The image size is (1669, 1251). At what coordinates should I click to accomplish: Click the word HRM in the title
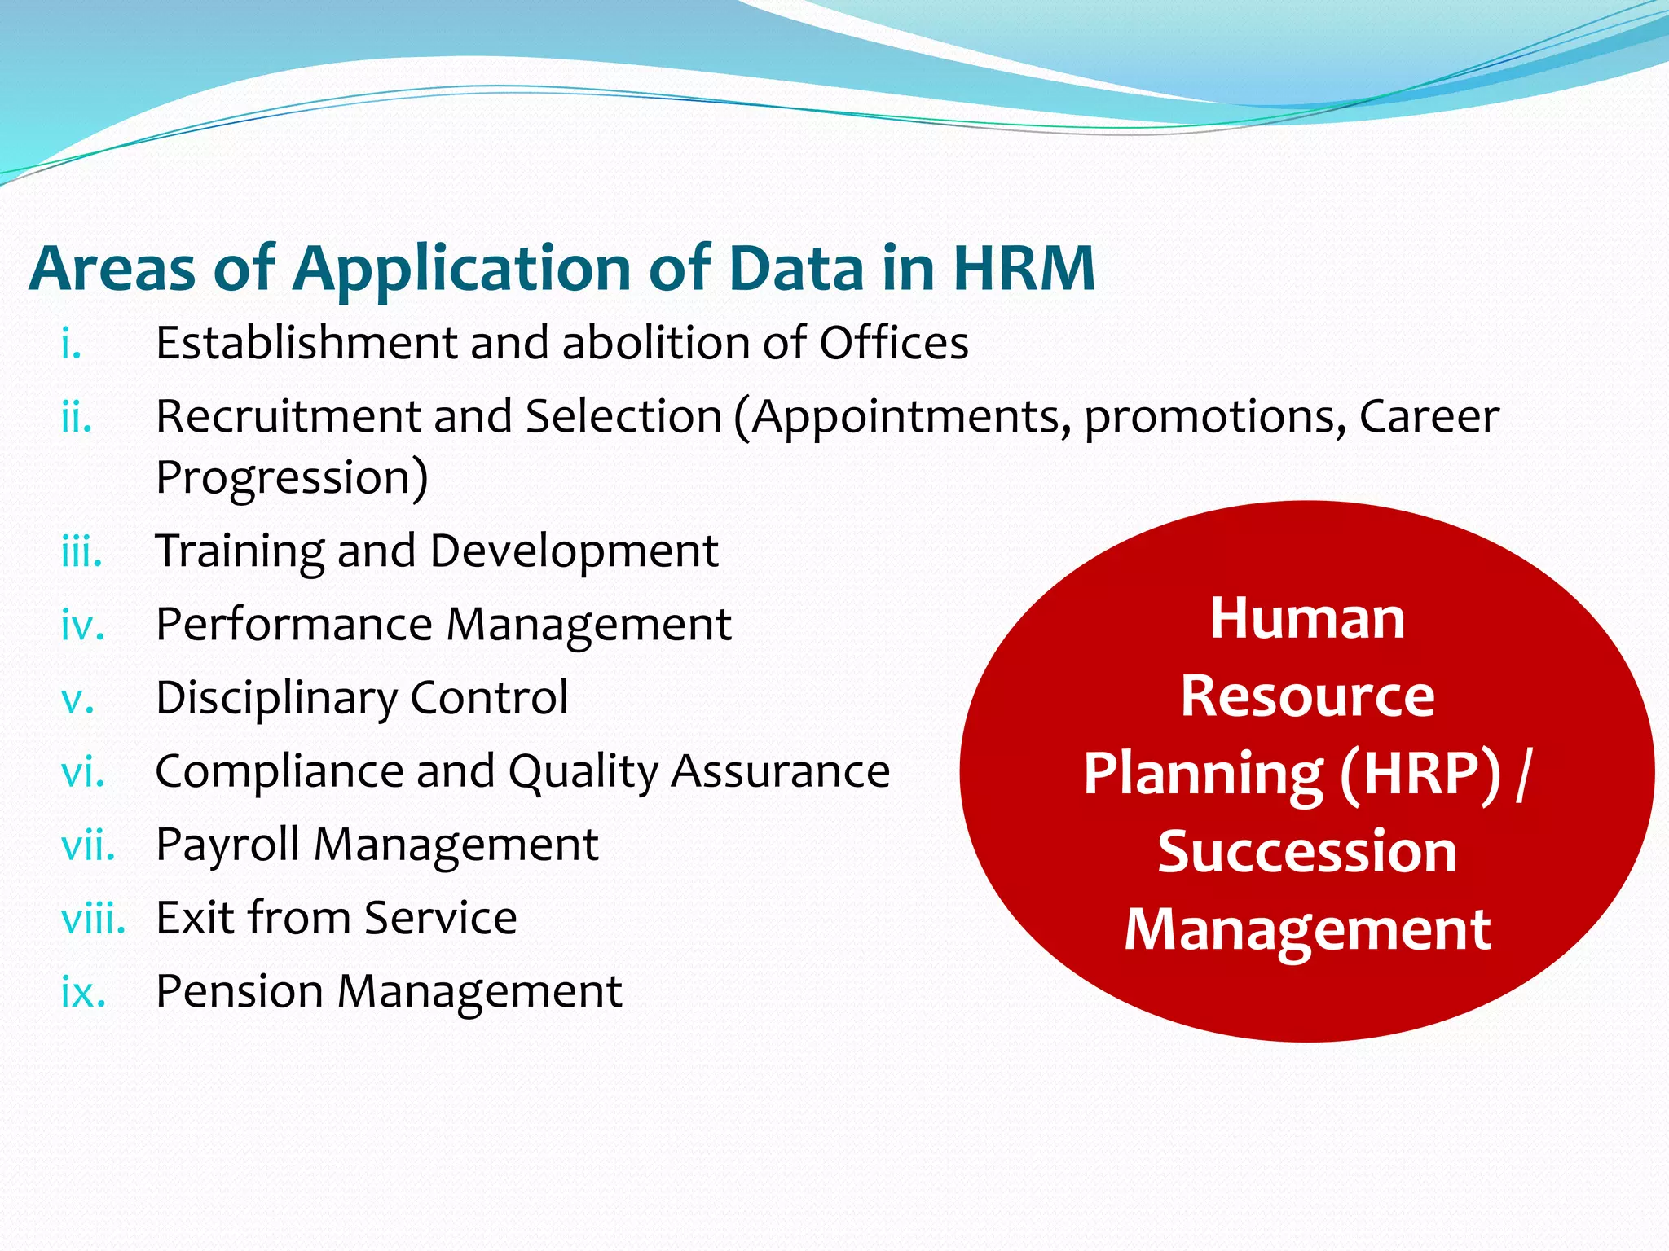click(1024, 268)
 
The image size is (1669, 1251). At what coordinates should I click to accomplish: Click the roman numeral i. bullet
click(72, 344)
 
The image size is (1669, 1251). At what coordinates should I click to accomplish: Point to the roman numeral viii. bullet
click(93, 920)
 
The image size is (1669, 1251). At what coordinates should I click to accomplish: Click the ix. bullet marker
click(83, 993)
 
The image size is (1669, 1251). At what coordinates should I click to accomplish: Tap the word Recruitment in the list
click(287, 416)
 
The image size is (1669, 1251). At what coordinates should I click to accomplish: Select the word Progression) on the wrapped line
click(292, 477)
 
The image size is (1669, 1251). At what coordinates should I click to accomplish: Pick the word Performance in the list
click(294, 625)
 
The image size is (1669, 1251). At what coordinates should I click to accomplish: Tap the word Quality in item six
click(582, 772)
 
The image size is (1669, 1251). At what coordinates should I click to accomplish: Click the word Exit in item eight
click(194, 918)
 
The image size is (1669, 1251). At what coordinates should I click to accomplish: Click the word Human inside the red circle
click(1307, 618)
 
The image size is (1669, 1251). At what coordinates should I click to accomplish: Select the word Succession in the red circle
click(1307, 851)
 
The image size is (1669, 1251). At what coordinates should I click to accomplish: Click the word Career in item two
click(1429, 416)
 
